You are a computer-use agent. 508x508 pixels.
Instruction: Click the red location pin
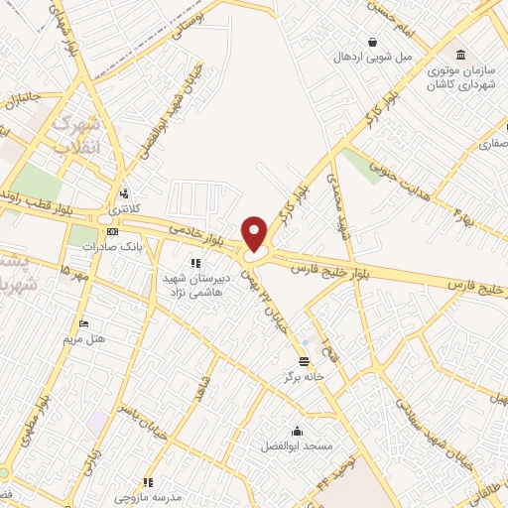click(256, 233)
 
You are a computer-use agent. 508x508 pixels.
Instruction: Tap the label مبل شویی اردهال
click(371, 57)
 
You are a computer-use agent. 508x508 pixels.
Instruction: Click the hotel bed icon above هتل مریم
click(84, 323)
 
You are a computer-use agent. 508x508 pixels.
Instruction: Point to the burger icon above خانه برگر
click(304, 360)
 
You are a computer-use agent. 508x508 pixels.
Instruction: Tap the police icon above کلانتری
click(125, 194)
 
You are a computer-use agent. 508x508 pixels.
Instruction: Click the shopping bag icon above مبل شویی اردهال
click(371, 42)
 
